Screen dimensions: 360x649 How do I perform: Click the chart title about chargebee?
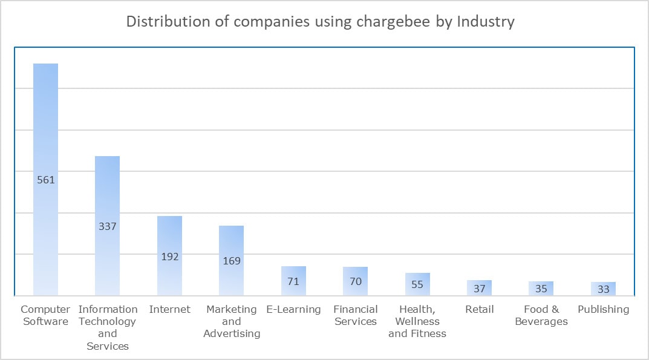(x=320, y=22)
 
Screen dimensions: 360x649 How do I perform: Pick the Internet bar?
(x=169, y=236)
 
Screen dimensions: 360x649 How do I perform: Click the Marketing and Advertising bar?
(x=231, y=242)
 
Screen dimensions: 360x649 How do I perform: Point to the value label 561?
(x=45, y=180)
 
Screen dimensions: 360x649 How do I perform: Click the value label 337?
(x=107, y=226)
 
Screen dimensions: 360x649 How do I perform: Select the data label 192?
(x=169, y=257)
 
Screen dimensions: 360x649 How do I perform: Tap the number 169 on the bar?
(x=231, y=261)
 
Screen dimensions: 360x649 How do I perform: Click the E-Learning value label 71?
(x=293, y=281)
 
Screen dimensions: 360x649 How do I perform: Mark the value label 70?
(x=355, y=281)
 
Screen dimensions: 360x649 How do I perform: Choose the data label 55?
(x=417, y=284)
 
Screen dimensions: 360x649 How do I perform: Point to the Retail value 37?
(x=479, y=289)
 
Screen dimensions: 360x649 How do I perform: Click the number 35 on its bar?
(x=541, y=289)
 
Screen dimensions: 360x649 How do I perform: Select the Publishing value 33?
(x=603, y=289)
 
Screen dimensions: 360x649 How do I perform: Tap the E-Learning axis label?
(x=293, y=309)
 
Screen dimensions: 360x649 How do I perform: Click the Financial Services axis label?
(x=355, y=315)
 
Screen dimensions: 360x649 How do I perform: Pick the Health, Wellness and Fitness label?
(x=417, y=321)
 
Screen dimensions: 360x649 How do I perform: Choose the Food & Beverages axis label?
(x=541, y=315)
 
